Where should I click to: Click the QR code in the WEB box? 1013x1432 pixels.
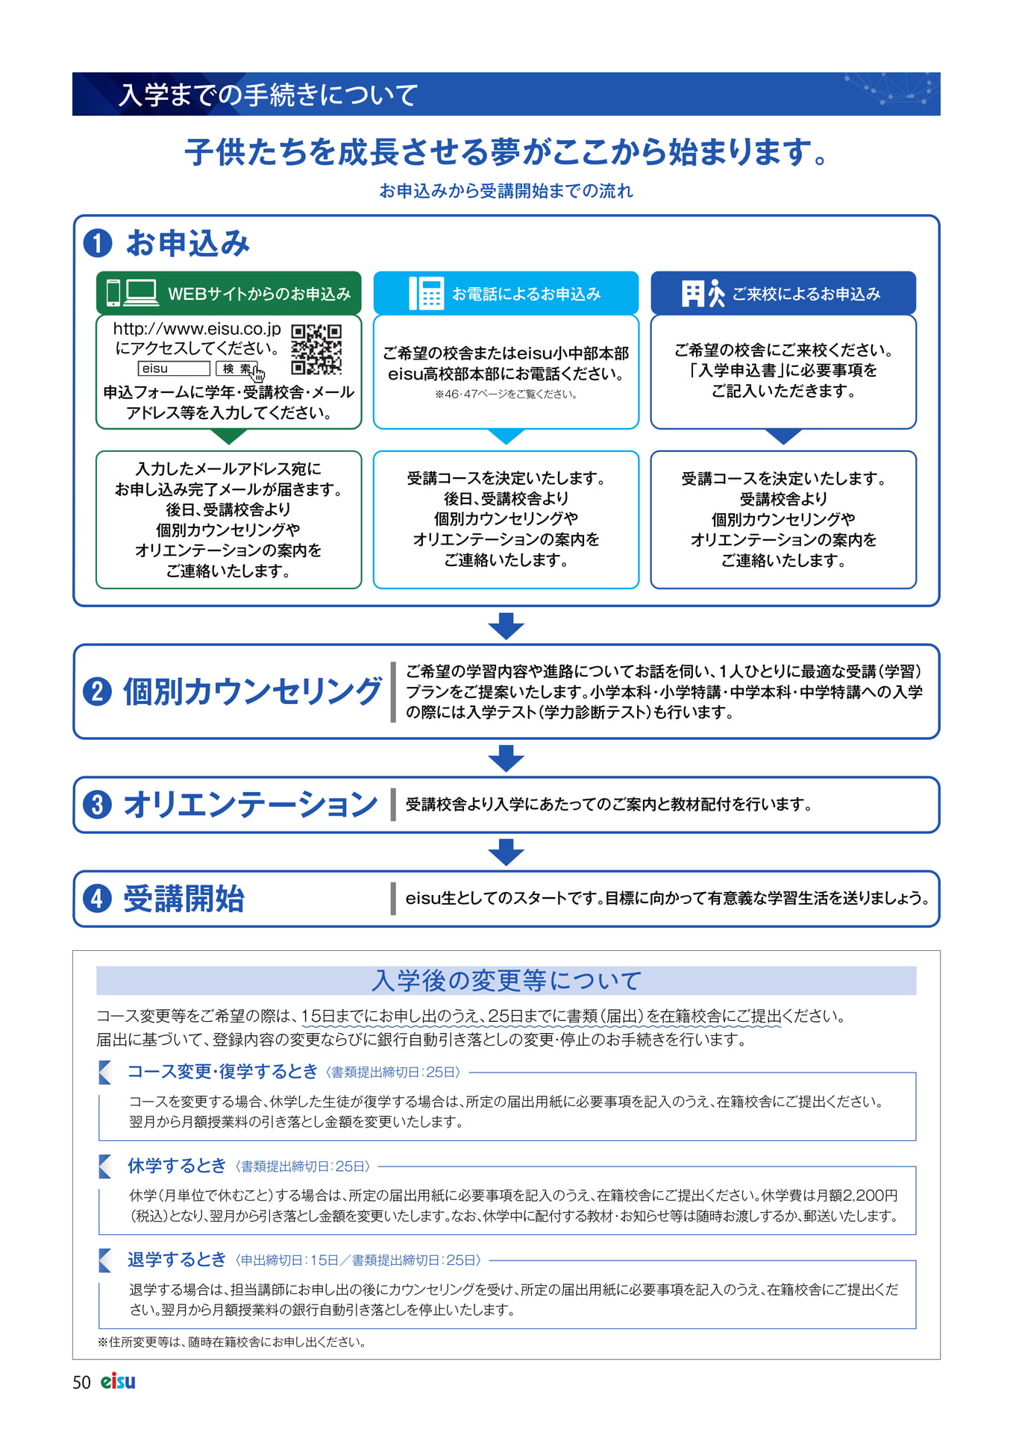[x=316, y=349]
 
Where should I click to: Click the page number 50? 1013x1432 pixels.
[x=81, y=1382]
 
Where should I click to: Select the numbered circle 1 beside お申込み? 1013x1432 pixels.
[x=98, y=243]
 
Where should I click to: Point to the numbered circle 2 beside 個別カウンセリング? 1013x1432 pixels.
[x=98, y=691]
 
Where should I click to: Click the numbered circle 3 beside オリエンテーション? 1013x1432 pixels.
[x=98, y=805]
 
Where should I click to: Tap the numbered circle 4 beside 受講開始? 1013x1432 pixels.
[x=98, y=899]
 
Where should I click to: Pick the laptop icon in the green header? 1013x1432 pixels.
[x=141, y=293]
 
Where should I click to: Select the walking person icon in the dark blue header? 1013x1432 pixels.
[x=716, y=293]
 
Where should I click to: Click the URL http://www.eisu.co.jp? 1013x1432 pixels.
[x=197, y=329]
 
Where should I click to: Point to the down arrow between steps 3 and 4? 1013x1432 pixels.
[x=506, y=852]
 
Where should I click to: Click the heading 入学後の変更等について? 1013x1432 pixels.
[x=506, y=980]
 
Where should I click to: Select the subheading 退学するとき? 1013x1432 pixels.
[x=177, y=1260]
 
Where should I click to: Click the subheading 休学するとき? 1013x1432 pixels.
[x=177, y=1166]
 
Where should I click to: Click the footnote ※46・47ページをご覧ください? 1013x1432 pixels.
[x=506, y=395]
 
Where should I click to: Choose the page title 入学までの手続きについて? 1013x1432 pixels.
[x=269, y=95]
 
